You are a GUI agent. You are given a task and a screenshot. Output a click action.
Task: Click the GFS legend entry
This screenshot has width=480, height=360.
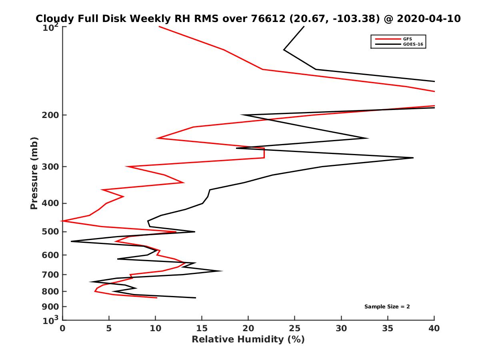click(408, 39)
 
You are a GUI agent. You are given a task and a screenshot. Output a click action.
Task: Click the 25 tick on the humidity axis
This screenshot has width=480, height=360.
click(295, 328)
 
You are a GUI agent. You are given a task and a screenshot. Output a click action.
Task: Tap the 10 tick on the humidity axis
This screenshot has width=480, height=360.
click(155, 328)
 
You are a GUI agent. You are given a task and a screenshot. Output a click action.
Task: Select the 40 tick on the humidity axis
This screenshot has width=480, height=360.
click(434, 328)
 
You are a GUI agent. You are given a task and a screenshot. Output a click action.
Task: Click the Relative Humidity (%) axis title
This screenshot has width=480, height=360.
click(248, 340)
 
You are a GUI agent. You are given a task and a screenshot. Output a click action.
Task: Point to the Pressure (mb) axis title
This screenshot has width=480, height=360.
click(34, 173)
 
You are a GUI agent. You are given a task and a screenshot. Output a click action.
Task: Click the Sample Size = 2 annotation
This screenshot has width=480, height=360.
click(387, 307)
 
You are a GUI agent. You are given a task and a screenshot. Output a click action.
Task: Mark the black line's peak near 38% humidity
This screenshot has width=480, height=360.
click(413, 158)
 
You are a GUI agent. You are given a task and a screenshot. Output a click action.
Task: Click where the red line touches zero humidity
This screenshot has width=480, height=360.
click(63, 221)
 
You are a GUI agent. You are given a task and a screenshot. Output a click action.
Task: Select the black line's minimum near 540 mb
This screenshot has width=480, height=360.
click(71, 241)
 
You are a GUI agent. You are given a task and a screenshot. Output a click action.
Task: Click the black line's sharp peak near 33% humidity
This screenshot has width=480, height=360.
click(368, 138)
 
